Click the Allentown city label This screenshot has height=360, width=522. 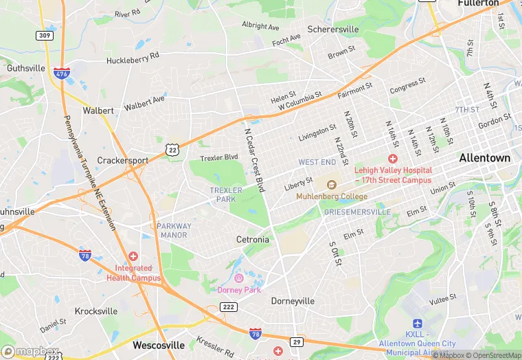(485, 157)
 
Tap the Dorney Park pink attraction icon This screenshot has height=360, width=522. (239, 278)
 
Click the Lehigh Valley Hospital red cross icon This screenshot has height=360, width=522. (393, 159)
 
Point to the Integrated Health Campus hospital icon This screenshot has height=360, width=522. (133, 256)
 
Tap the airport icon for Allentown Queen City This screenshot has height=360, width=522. (416, 323)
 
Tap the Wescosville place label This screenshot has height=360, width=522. (159, 345)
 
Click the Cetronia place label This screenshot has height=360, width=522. (253, 240)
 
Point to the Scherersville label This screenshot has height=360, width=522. (332, 30)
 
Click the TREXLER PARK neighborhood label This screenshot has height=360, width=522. (226, 194)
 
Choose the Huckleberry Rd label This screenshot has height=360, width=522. (133, 58)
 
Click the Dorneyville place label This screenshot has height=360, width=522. (293, 301)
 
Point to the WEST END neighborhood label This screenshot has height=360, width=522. (317, 162)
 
